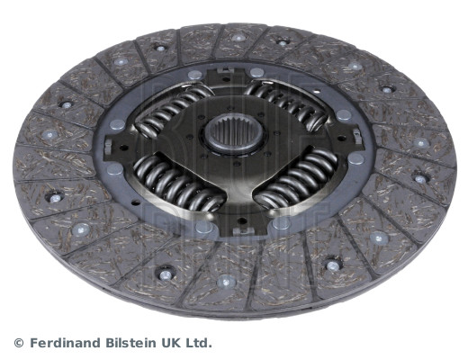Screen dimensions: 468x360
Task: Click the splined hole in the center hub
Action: (x=234, y=132)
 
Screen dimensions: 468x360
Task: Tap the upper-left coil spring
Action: (x=172, y=109)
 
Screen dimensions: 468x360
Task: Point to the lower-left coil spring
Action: (x=177, y=183)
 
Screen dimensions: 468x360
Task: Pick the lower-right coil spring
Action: (x=297, y=179)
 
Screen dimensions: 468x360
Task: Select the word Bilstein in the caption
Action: (x=130, y=343)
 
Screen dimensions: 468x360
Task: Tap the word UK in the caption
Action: (x=170, y=343)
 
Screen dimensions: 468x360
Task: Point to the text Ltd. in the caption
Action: (x=198, y=343)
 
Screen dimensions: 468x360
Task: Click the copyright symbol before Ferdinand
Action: (x=19, y=343)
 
